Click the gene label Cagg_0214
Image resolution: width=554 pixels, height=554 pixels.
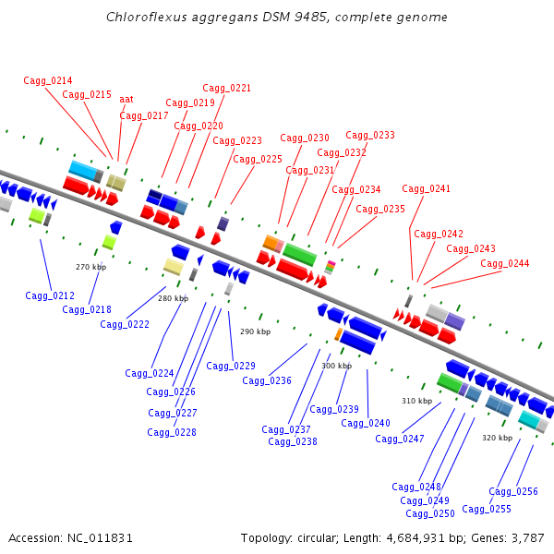pos(48,81)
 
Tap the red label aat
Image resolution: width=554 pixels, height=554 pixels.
pos(126,100)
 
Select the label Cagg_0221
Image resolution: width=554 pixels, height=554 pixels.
pos(226,88)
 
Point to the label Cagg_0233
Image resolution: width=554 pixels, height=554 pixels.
pos(370,135)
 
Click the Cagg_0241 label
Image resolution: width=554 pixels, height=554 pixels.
pos(426,188)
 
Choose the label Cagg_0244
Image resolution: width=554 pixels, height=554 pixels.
pos(505,263)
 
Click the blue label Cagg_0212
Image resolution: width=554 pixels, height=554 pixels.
pos(50,295)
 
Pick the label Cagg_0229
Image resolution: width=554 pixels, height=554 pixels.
pos(231,366)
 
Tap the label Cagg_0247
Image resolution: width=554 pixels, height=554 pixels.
pos(400,439)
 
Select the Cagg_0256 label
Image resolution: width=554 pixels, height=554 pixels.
pos(513,491)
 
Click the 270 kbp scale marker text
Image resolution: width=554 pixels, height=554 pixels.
pos(90,267)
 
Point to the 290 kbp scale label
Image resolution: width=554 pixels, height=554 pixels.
pos(256,331)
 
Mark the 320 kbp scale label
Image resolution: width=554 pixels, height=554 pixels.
pos(497,438)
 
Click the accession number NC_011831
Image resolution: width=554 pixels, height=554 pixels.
pos(100,538)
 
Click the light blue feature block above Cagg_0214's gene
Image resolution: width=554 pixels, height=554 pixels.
pos(83,170)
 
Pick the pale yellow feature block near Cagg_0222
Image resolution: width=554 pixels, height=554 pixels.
pos(174,267)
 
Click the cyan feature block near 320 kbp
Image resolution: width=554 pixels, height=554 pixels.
pos(529,419)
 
